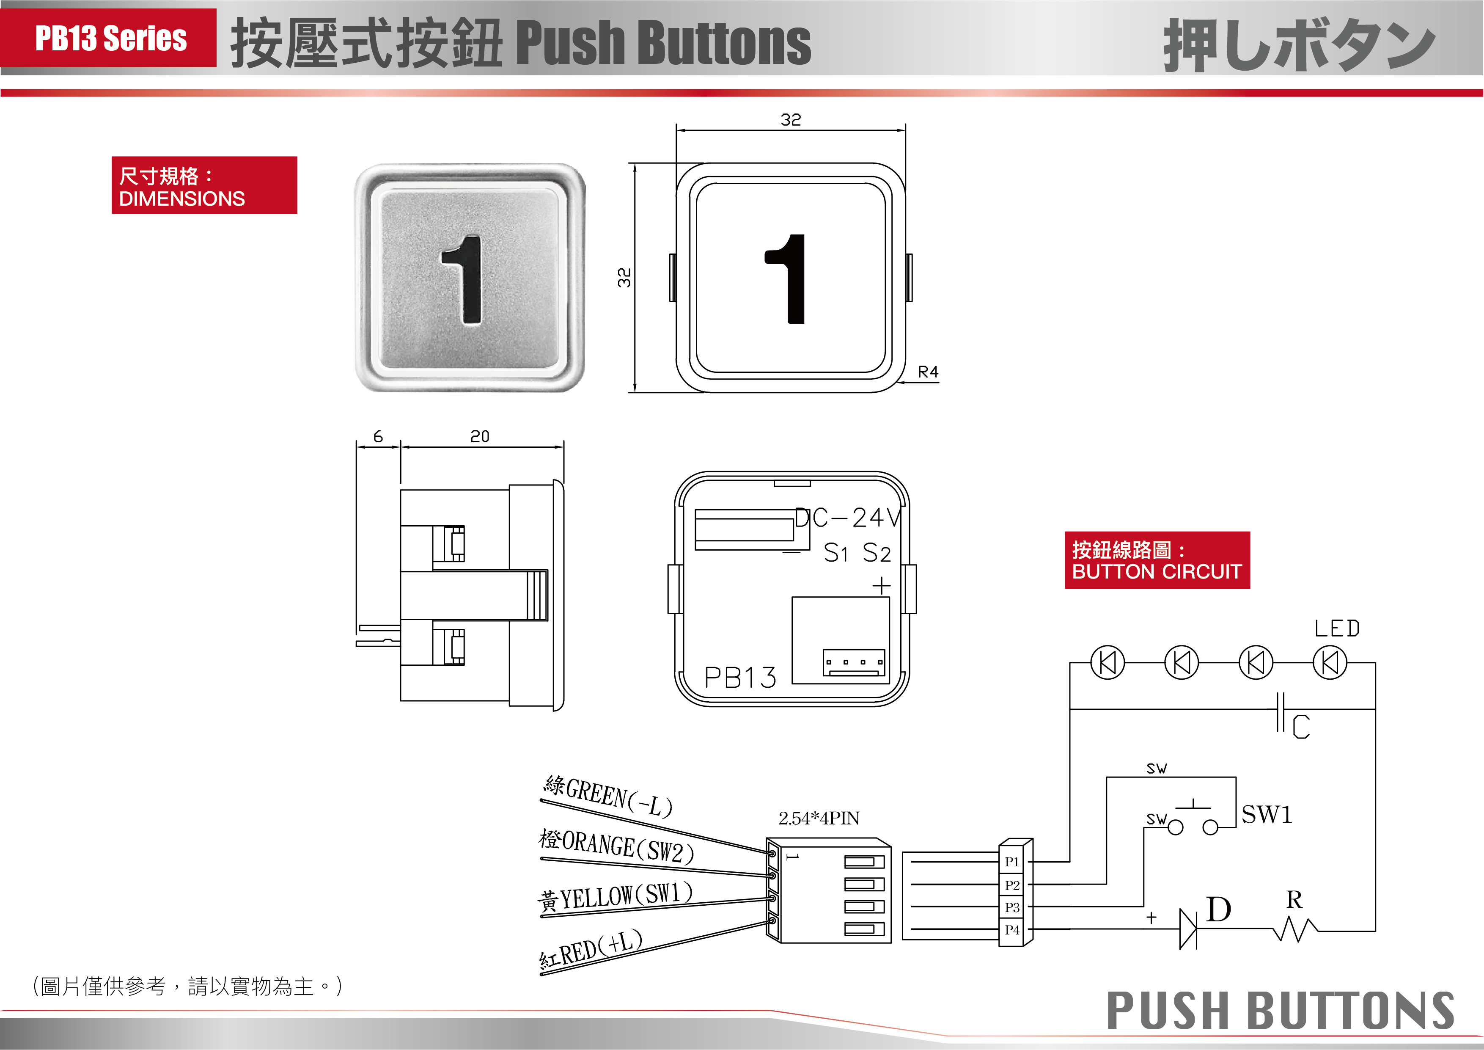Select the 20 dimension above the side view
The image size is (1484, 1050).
(480, 436)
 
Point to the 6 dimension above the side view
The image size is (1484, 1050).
(378, 436)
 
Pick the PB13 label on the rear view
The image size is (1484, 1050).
(740, 678)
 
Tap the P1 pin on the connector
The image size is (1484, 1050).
(1011, 862)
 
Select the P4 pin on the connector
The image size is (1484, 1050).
(1011, 930)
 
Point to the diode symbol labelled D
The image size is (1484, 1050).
(1188, 929)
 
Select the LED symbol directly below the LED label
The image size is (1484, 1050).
(1330, 663)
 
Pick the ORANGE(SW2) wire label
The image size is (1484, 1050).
(617, 847)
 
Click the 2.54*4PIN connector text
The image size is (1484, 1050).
(819, 819)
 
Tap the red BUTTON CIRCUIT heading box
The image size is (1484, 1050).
(1157, 560)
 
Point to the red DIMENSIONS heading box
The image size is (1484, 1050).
(204, 185)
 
